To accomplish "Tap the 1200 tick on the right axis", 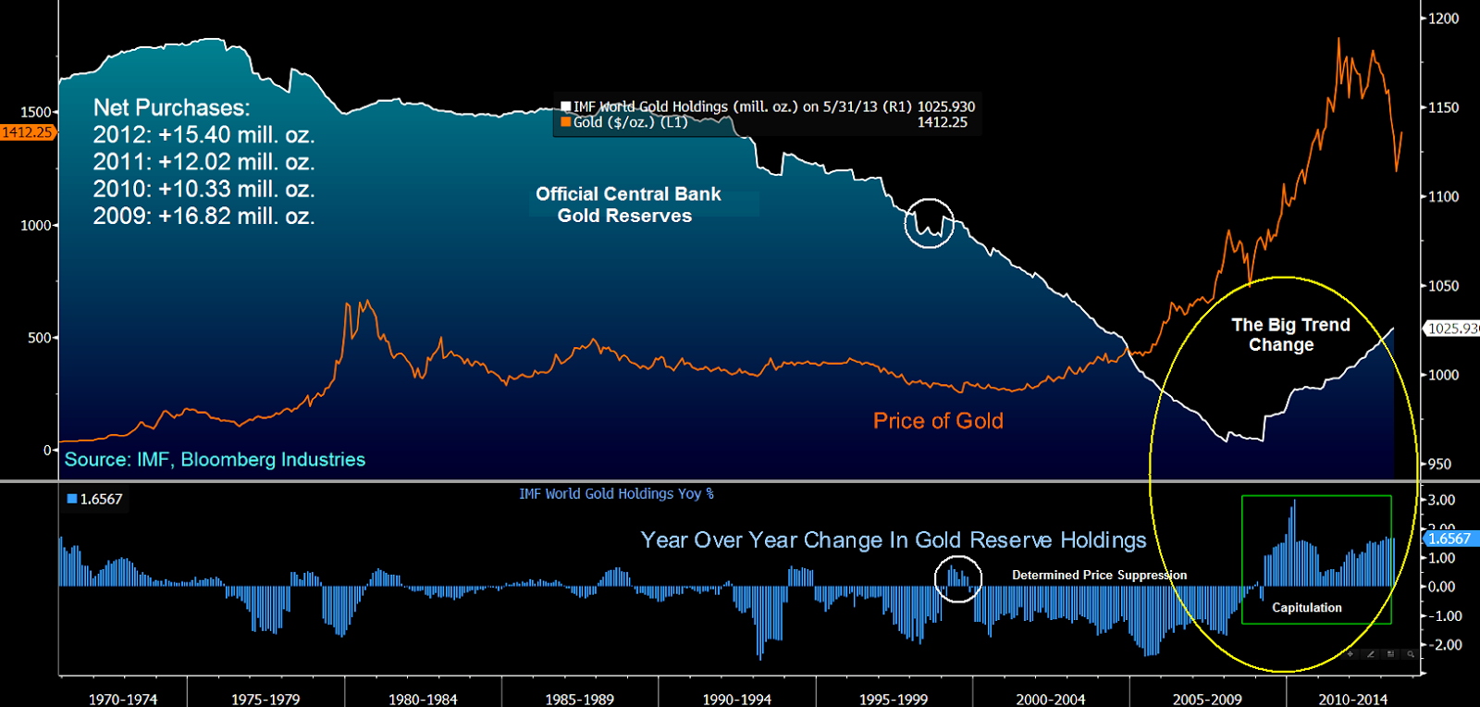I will [x=1443, y=19].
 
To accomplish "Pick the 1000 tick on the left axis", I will [x=36, y=226].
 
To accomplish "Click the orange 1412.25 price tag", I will [x=28, y=132].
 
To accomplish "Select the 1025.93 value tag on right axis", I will [x=1452, y=329].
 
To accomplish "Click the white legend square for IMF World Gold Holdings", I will [x=566, y=106].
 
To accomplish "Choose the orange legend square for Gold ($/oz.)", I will [x=566, y=122].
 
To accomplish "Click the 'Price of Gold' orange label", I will [x=938, y=421].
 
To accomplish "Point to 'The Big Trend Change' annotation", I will [x=1289, y=335].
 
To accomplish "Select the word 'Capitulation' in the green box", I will [x=1306, y=608].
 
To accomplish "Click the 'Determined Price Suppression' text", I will [x=1099, y=576].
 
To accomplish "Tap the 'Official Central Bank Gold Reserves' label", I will [x=627, y=205].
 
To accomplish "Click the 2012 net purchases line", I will [x=203, y=135].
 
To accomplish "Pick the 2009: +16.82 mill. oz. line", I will [x=203, y=217].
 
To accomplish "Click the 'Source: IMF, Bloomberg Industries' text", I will [x=215, y=460].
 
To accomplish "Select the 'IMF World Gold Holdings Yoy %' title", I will [x=616, y=494].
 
